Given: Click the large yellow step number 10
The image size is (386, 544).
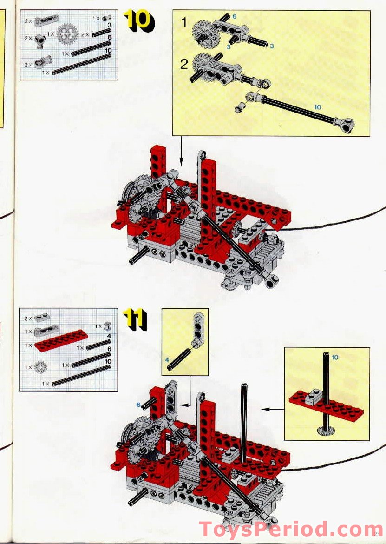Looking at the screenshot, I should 138,21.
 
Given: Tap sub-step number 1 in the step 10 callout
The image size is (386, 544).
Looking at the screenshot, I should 184,22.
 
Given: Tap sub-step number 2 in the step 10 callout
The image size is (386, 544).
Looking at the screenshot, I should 184,64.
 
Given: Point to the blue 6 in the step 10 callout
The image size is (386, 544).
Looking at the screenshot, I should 234,16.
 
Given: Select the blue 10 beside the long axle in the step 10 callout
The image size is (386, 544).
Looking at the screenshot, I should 317,107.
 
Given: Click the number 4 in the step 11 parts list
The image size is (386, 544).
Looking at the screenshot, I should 108,336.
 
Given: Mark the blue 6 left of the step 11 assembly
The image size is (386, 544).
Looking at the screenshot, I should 138,405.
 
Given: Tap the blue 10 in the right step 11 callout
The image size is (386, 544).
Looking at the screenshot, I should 335,357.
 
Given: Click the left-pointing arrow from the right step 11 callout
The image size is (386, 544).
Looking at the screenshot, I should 272,409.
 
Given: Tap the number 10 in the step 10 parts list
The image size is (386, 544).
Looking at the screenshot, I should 109,50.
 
